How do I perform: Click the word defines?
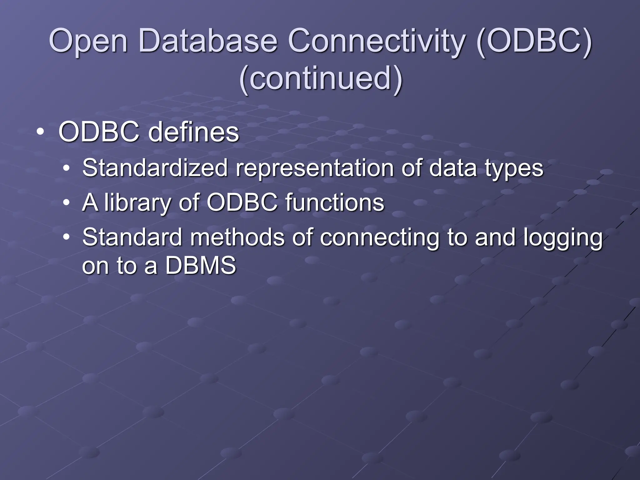point(193,132)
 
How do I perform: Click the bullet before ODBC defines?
point(40,132)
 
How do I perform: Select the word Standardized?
point(155,168)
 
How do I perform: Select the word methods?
point(237,237)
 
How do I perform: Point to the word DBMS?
point(200,266)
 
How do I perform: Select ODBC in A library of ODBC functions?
point(242,202)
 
